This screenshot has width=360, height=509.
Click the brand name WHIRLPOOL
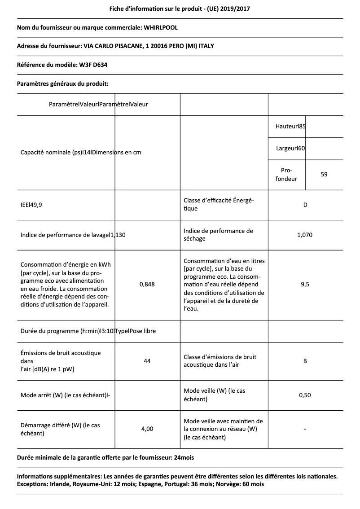coord(161,28)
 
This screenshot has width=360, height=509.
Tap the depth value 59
coord(324,174)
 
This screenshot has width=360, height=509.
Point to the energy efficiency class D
coord(305,205)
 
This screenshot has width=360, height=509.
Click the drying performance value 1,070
coord(305,235)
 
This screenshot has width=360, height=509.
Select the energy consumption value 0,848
coord(147,284)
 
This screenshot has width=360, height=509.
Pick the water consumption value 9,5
coord(305,284)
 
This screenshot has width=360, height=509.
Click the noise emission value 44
coord(147,361)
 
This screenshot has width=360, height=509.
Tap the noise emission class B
coord(305,361)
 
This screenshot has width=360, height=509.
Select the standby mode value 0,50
coord(305,395)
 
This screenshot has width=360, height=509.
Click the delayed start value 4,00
coord(147,429)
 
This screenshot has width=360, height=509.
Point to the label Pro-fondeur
coord(286,175)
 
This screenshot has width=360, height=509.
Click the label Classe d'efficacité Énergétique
coord(219,205)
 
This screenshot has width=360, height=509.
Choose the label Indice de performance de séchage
coord(218,235)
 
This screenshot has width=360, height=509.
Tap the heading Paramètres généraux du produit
coord(62,83)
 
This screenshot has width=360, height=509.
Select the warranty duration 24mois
coord(184,457)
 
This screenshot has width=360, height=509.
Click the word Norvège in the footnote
coord(229,484)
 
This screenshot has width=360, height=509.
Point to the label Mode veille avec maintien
coord(223,421)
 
